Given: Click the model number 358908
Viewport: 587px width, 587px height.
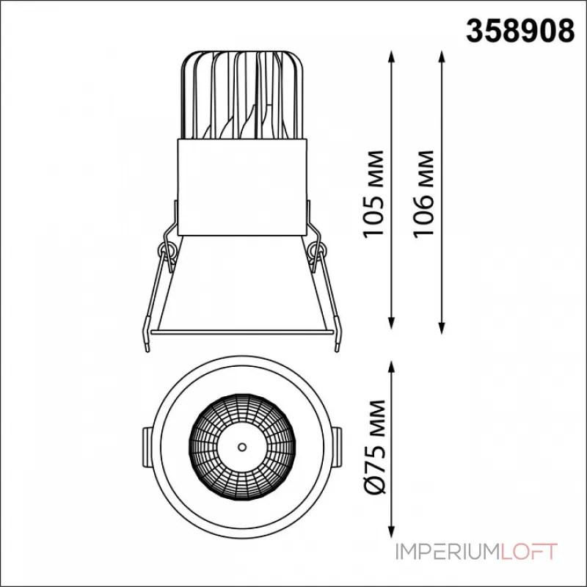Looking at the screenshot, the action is pos(520,31).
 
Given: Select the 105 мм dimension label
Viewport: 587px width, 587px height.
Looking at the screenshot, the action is pos(374,194).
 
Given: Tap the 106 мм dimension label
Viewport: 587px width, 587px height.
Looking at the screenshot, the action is pos(424,194).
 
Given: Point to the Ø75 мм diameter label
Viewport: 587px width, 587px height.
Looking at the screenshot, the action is pos(374,447).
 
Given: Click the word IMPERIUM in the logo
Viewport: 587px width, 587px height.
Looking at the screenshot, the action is pos(448,552).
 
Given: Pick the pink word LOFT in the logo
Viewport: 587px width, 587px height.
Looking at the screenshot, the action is pos(529,552).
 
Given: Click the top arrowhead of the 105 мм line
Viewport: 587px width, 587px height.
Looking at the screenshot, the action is pos(392,57).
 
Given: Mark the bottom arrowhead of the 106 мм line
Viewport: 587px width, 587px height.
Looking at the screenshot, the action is pos(442,327).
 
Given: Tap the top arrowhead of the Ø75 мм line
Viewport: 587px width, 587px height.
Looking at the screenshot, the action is pos(392,368).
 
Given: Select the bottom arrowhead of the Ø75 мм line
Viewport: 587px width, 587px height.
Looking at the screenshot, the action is pos(392,531).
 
